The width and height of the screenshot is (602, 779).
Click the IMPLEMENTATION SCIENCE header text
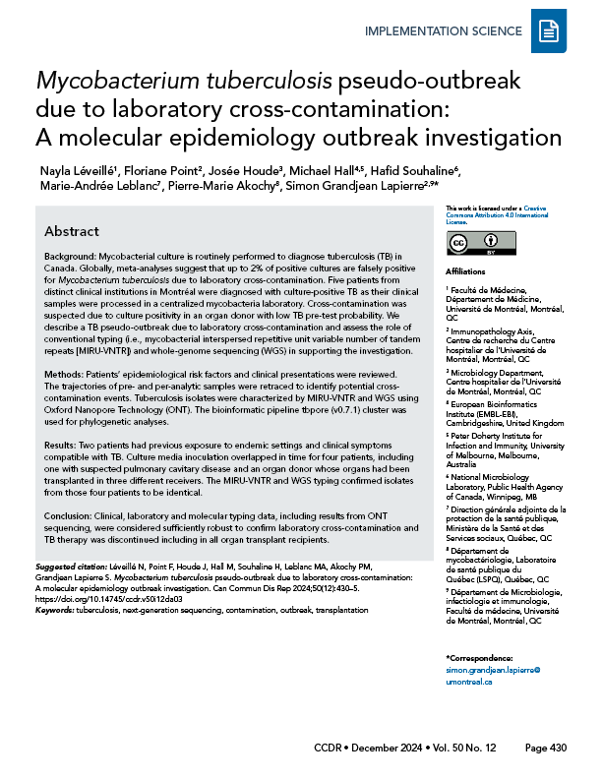[x=443, y=31]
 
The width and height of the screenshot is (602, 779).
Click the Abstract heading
[x=71, y=231]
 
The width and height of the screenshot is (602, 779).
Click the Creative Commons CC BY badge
[x=473, y=242]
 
